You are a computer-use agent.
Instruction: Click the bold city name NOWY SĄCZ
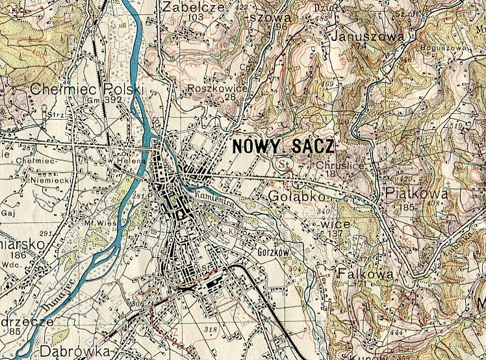point(281,146)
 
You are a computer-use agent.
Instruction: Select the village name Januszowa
point(368,36)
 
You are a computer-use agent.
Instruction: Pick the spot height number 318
point(211,330)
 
